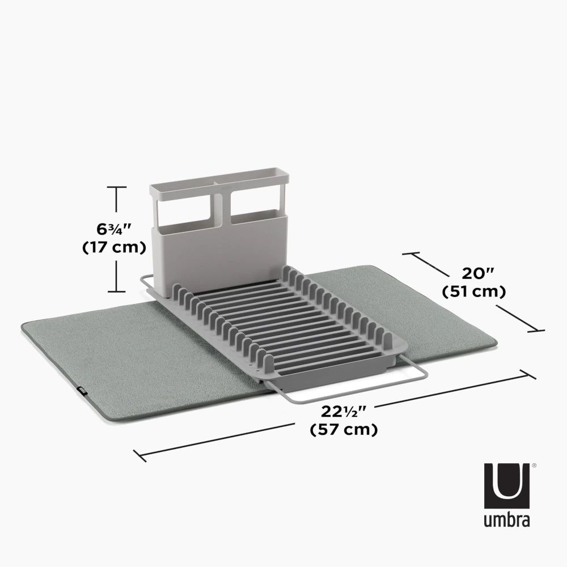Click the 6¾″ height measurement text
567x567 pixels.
(x=114, y=230)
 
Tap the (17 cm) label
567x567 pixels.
(x=114, y=248)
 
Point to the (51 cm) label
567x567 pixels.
(x=474, y=292)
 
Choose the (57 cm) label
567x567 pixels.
(x=344, y=430)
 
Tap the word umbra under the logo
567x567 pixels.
(x=507, y=520)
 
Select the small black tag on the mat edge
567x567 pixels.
(x=81, y=390)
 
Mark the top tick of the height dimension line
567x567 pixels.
(x=116, y=187)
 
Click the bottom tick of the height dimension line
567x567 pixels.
(x=116, y=291)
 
